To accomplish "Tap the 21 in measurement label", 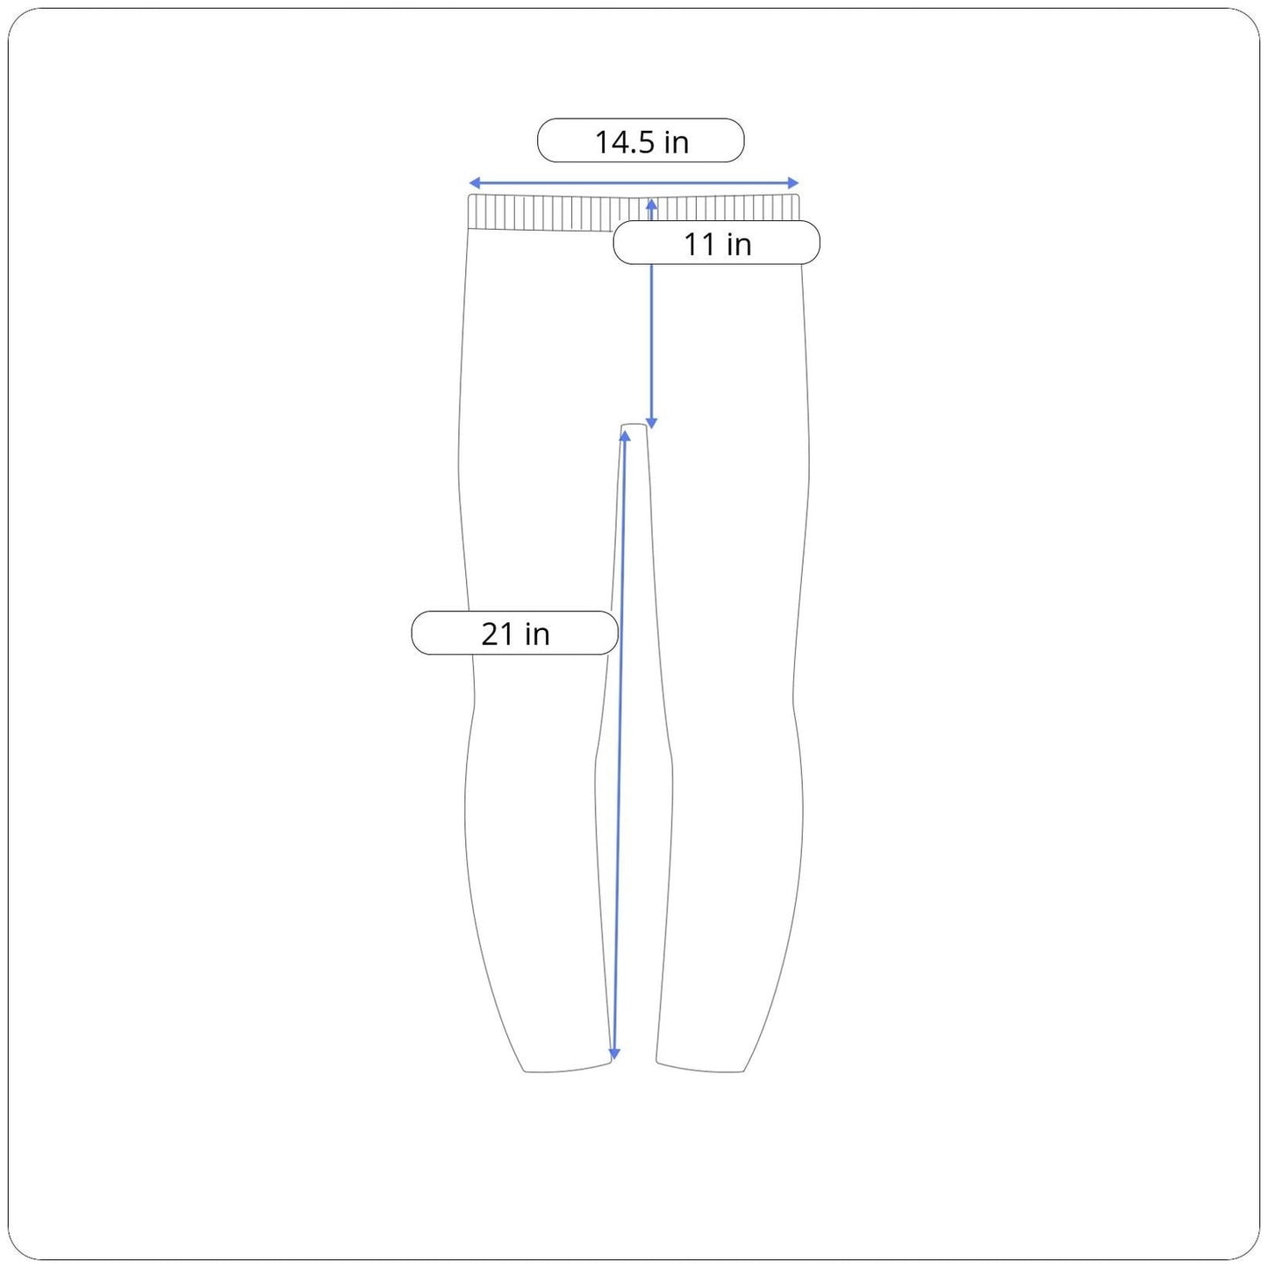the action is click(514, 633).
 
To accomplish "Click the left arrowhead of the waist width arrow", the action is click(474, 183).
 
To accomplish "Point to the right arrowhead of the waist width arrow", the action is click(793, 183).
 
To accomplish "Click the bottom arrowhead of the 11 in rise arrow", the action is click(651, 422).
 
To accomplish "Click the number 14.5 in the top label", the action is click(624, 141).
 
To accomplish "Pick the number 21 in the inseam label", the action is click(498, 634).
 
